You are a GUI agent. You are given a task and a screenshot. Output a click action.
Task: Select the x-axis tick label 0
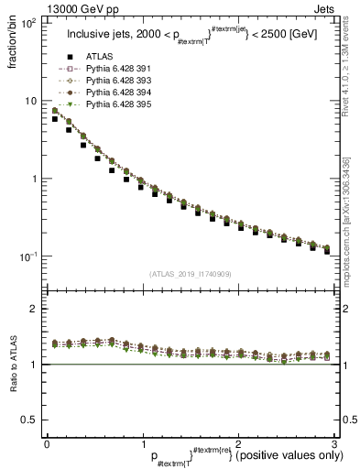tap(47, 443)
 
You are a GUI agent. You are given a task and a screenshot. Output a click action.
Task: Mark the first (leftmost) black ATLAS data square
tap(55, 119)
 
